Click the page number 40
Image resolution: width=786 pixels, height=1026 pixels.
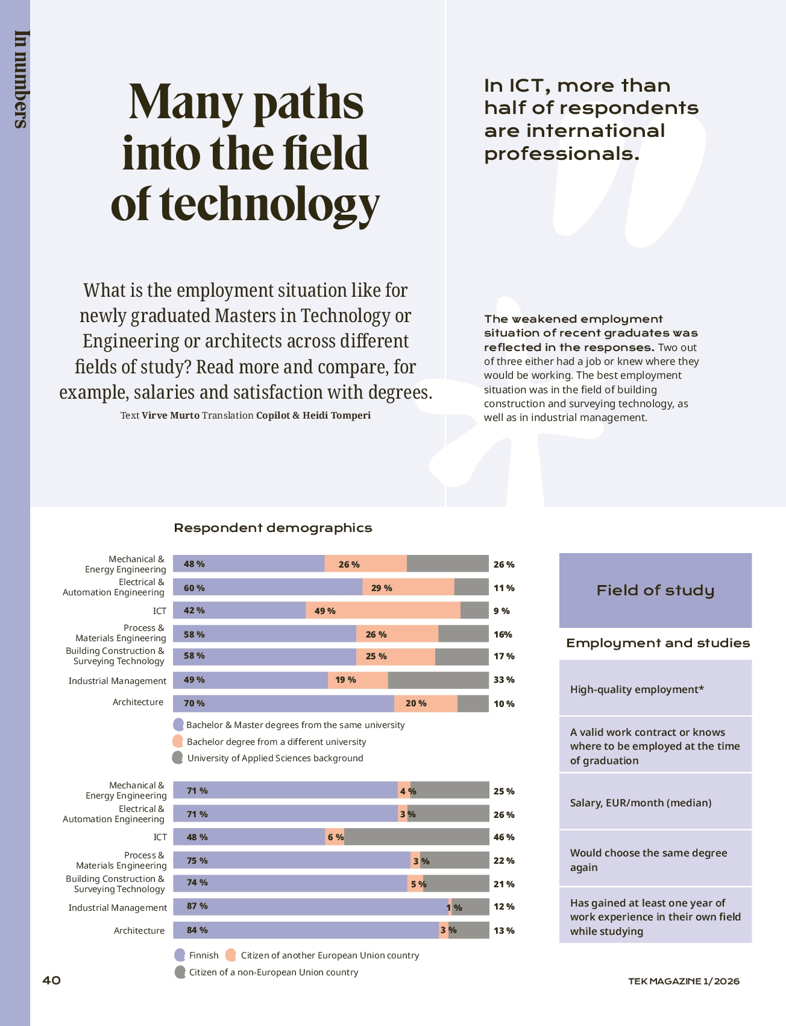point(51,980)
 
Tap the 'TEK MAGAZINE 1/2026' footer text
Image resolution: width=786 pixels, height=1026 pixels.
point(684,981)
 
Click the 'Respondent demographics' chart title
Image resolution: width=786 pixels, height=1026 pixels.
point(273,528)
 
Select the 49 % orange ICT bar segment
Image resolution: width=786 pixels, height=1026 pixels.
point(383,610)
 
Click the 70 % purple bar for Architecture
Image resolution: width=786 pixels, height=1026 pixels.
point(283,703)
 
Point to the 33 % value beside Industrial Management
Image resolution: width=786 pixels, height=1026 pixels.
point(504,680)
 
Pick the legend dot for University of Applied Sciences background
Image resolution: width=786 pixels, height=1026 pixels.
point(178,758)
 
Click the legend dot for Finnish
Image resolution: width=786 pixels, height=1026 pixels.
point(180,955)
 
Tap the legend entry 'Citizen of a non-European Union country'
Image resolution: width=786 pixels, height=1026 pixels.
point(274,972)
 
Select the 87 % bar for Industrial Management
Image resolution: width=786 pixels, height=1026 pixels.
point(310,907)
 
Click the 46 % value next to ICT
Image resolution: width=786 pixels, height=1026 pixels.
point(504,837)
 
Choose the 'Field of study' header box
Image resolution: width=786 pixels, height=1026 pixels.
point(655,591)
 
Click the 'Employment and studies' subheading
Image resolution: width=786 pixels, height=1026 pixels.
point(658,644)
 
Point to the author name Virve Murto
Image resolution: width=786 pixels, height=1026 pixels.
point(171,415)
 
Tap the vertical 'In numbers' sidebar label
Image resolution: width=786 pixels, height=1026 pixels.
point(21,79)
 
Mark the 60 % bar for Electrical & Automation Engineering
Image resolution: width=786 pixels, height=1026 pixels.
point(268,587)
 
